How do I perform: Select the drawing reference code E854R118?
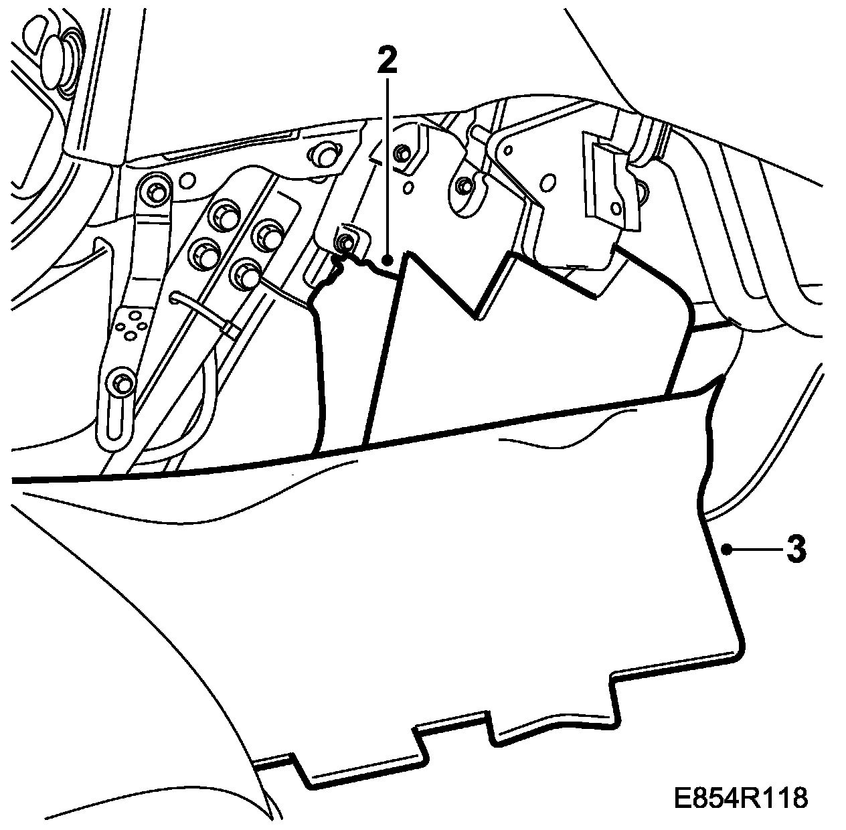740,798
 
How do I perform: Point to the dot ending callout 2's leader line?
387,257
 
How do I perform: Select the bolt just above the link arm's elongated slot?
122,384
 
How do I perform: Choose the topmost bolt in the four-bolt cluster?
223,214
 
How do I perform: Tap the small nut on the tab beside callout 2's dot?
346,242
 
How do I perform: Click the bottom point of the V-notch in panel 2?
476,314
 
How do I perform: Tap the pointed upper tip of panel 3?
723,378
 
